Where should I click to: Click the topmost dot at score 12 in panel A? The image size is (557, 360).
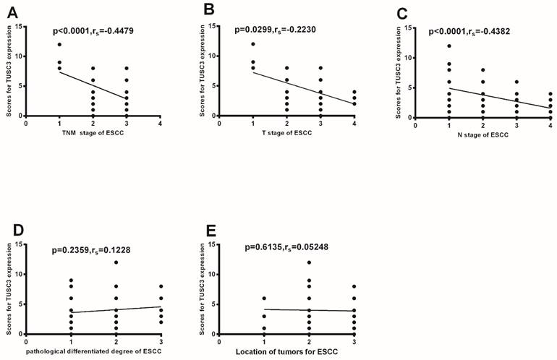tap(59, 45)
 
